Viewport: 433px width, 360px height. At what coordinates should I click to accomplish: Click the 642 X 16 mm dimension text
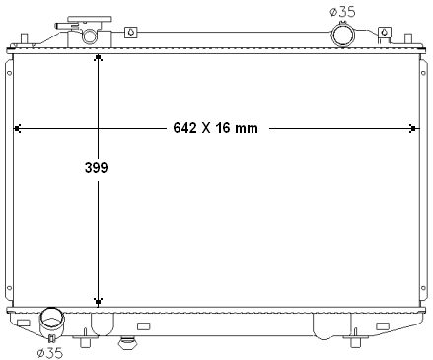click(215, 128)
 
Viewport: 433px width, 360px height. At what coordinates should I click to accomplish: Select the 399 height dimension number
click(96, 167)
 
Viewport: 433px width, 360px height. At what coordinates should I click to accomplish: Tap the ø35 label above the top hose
click(342, 12)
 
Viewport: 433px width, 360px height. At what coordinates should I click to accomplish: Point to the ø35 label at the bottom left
click(50, 353)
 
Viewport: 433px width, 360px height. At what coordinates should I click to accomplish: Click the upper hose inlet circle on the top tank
click(342, 35)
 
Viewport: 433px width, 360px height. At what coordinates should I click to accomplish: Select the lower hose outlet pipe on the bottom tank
click(51, 322)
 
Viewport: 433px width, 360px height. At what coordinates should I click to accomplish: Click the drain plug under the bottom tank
click(127, 343)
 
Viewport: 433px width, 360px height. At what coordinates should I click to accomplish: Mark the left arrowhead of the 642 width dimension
click(17, 128)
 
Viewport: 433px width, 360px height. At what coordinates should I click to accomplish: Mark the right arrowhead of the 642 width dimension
click(413, 128)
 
